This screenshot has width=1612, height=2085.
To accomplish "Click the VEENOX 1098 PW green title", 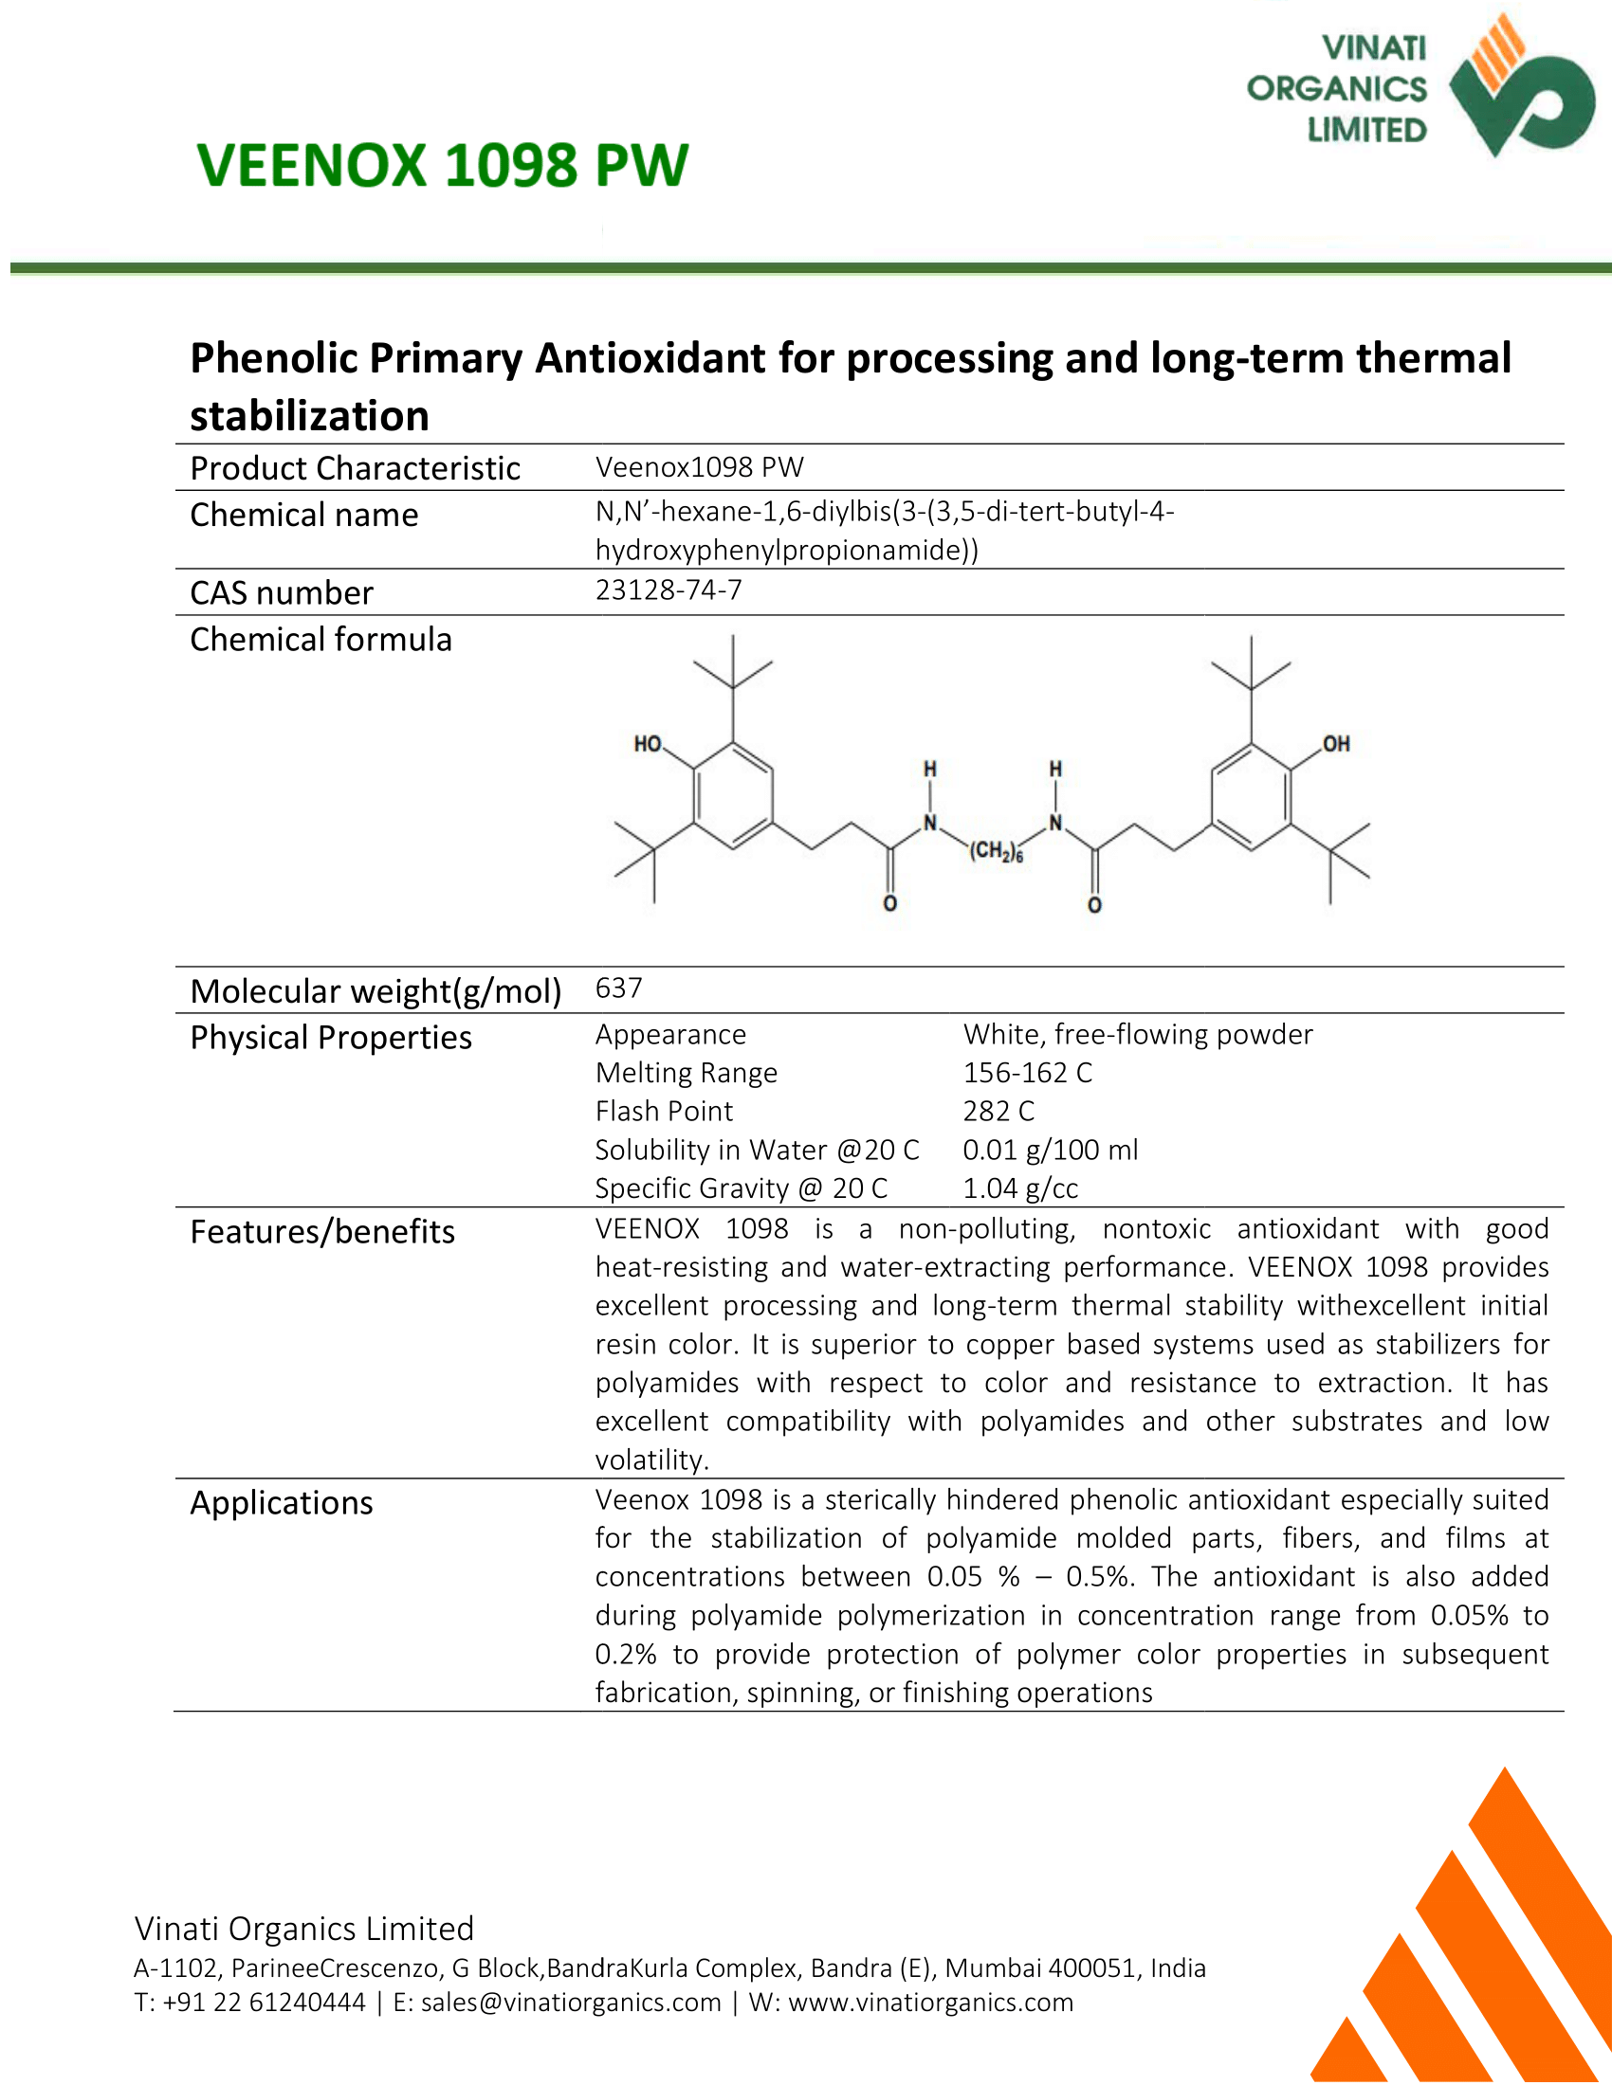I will (x=442, y=165).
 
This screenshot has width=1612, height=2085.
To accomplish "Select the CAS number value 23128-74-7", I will (x=669, y=590).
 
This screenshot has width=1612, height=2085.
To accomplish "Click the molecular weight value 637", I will (x=619, y=988).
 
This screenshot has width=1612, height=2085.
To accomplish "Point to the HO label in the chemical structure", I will (x=648, y=744).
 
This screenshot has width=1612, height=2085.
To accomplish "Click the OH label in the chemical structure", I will (x=1336, y=744).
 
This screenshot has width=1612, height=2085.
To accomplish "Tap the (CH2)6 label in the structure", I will (x=996, y=852).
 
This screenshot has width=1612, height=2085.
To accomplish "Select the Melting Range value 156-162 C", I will (x=1028, y=1073).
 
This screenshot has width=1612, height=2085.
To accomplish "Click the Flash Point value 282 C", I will (x=998, y=1112).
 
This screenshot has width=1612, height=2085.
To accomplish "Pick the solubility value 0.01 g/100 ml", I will (x=1051, y=1150).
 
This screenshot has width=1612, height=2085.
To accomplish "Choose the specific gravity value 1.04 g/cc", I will (x=1021, y=1188).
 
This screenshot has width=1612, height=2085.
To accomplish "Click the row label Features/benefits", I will (x=322, y=1232).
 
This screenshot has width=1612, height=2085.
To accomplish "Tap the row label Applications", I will (x=282, y=1504).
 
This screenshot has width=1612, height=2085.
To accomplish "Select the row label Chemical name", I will (x=304, y=516).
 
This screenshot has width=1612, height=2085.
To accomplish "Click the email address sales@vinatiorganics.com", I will (x=571, y=2002).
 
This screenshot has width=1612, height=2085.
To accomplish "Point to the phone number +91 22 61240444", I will (x=265, y=2002).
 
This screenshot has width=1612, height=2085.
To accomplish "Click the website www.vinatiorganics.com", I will (x=931, y=2002).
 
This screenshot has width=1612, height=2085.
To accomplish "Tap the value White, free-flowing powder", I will (x=1138, y=1035).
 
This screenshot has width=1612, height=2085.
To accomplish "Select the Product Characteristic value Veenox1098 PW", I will (x=700, y=468).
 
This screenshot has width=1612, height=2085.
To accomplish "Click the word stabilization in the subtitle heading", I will (x=309, y=416).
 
